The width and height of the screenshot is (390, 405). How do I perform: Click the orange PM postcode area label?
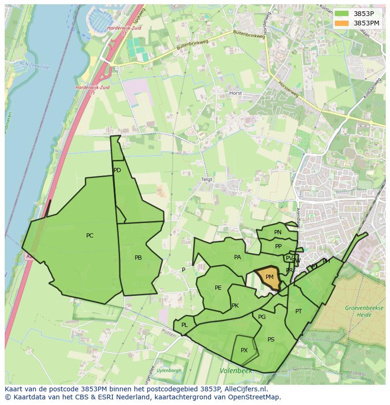pos(269,277)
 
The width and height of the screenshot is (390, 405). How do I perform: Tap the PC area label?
pos(89,236)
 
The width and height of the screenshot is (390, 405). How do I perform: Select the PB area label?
pos(138,258)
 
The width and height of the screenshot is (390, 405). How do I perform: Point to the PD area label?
pos(117,170)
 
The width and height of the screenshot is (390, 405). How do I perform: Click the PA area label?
pos(237,257)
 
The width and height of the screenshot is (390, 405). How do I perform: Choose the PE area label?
pos(218,288)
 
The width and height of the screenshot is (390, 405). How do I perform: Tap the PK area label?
pos(235,306)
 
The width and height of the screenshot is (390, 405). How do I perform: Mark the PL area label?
pos(185,325)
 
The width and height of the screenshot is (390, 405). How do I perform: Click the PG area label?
pos(262,317)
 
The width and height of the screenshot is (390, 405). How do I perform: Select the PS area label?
pos(271,340)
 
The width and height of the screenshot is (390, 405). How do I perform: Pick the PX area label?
pos(244,350)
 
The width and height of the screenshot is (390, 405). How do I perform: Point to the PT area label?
pos(299,311)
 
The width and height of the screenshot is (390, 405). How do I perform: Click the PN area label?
pos(278,232)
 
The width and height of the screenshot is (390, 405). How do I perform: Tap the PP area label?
pos(278,246)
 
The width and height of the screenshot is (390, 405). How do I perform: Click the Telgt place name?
pos(207,180)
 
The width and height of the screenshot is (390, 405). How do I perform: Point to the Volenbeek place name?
pos(236,371)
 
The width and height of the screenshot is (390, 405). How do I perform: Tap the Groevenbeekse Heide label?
pos(358,311)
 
